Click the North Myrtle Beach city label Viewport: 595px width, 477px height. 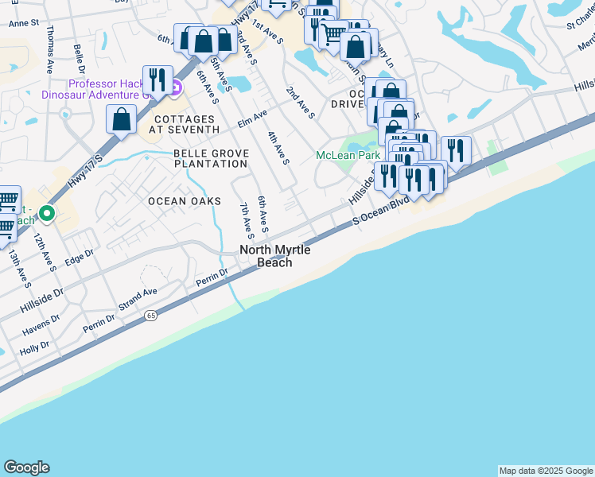coord(274,256)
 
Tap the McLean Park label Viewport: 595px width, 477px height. coord(345,155)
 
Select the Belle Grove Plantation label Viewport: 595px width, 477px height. coord(211,158)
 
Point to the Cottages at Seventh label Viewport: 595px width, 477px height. coord(185,123)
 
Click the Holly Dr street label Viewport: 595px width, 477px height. coord(34,348)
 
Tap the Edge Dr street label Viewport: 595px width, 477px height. coord(79,257)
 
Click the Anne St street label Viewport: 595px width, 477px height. coord(24,24)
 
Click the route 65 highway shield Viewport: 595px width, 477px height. coord(150,316)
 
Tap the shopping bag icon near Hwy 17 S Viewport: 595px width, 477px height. coord(121,119)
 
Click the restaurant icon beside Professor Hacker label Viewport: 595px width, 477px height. coord(157,79)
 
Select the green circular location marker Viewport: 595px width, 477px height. coord(47,213)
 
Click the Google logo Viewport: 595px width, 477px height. coord(26,467)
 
